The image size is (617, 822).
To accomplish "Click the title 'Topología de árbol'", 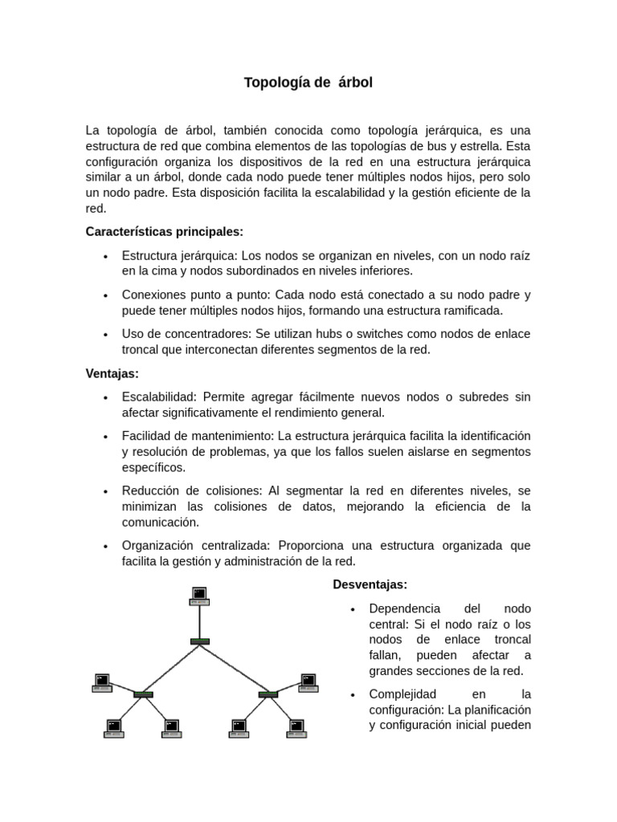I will [308, 83].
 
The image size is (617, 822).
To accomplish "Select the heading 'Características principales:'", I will [164, 232].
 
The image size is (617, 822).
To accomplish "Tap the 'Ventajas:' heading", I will [112, 373].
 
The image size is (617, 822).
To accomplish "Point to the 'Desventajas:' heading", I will [370, 584].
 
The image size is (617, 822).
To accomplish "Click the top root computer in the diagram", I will [199, 596].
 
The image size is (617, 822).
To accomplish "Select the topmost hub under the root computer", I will [199, 641].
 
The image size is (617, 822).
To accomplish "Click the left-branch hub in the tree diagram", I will [143, 694].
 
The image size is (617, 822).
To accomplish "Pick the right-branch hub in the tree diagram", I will [268, 694].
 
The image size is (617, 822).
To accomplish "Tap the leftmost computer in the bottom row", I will [114, 728].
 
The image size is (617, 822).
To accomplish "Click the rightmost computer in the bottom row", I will [296, 728].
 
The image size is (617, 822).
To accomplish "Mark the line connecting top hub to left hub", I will [171, 667].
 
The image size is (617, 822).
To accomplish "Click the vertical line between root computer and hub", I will [199, 621].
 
